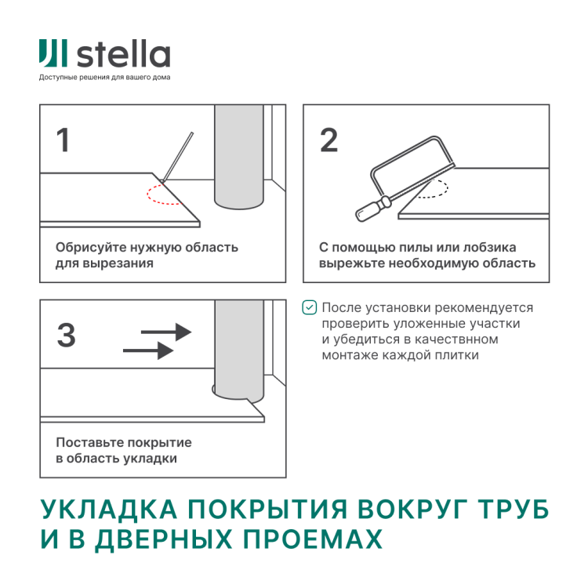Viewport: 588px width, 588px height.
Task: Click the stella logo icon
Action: click(x=54, y=55)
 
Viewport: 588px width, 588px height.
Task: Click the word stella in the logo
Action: click(x=123, y=56)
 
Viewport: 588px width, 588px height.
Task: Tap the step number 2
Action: click(x=328, y=140)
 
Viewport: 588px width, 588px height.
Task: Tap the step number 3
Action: click(x=66, y=336)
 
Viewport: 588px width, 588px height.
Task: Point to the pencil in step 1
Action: click(x=178, y=157)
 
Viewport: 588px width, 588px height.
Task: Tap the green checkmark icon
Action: click(x=310, y=308)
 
